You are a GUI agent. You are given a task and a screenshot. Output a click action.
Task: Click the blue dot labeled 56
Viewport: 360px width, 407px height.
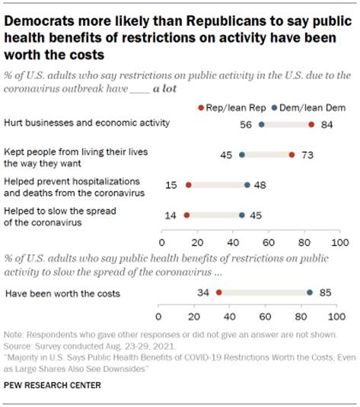pyautogui.click(x=261, y=124)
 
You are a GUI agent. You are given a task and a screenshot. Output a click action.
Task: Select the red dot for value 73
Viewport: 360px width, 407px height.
pyautogui.click(x=292, y=154)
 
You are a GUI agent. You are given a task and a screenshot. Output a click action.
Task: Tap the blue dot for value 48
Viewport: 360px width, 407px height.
pyautogui.click(x=247, y=185)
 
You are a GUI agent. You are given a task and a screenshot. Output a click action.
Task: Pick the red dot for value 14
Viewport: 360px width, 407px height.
pyautogui.click(x=186, y=215)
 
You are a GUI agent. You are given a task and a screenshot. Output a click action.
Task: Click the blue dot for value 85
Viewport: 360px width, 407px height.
pyautogui.click(x=309, y=291)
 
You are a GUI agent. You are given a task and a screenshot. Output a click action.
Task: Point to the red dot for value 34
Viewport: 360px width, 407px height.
pyautogui.click(x=218, y=291)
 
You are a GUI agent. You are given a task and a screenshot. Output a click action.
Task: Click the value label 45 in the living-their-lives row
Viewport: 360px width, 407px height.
pyautogui.click(x=226, y=154)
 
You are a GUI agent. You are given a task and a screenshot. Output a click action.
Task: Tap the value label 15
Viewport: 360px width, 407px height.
pyautogui.click(x=172, y=185)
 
